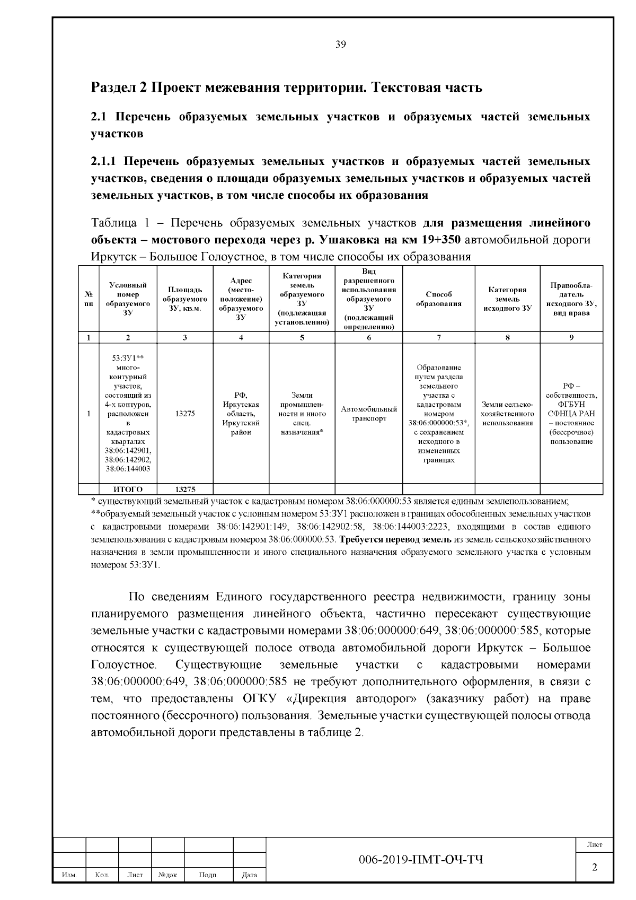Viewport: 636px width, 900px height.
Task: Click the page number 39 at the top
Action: coord(341,45)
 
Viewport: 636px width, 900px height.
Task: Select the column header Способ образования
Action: coord(438,299)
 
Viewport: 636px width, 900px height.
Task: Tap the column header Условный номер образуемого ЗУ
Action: coord(128,299)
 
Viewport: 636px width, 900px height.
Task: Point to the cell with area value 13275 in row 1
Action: coord(184,414)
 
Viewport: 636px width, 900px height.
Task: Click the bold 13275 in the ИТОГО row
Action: coord(184,490)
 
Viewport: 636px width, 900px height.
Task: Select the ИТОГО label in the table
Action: coord(128,490)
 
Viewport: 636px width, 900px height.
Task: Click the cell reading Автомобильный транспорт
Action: coord(369,414)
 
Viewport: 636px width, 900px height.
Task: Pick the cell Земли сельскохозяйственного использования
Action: coord(507,414)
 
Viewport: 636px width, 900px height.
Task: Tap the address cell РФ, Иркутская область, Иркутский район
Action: coord(241,414)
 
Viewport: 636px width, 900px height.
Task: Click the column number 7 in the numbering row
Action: coord(438,337)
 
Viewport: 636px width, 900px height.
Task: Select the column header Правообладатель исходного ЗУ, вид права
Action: coord(571,299)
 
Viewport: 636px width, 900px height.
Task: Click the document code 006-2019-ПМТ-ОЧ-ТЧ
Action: coord(421,859)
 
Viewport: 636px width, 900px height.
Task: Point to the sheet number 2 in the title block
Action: coord(594,868)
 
